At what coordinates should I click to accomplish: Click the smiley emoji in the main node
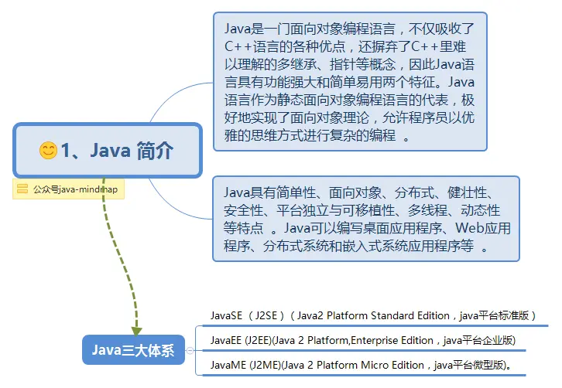(48, 151)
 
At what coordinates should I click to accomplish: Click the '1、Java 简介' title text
(117, 151)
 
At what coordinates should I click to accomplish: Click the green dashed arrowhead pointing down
(136, 328)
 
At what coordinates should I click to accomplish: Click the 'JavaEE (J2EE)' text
(240, 340)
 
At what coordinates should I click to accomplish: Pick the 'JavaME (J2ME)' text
(242, 365)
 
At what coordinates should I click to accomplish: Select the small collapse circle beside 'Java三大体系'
(190, 351)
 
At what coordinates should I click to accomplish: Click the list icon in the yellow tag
(22, 189)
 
